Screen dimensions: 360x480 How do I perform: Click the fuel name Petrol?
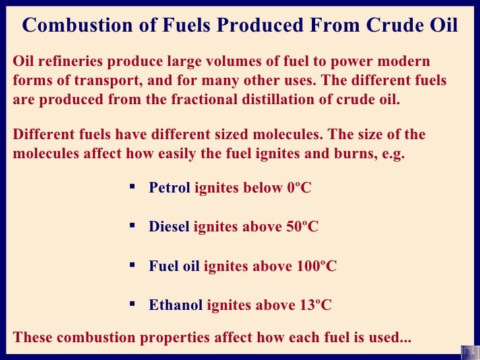point(169,188)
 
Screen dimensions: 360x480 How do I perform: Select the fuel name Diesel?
point(169,227)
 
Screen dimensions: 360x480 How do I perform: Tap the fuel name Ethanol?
point(176,305)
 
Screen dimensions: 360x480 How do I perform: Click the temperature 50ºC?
point(303,227)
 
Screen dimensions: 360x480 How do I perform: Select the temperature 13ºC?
point(316,305)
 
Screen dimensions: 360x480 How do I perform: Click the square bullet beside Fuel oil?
point(131,265)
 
